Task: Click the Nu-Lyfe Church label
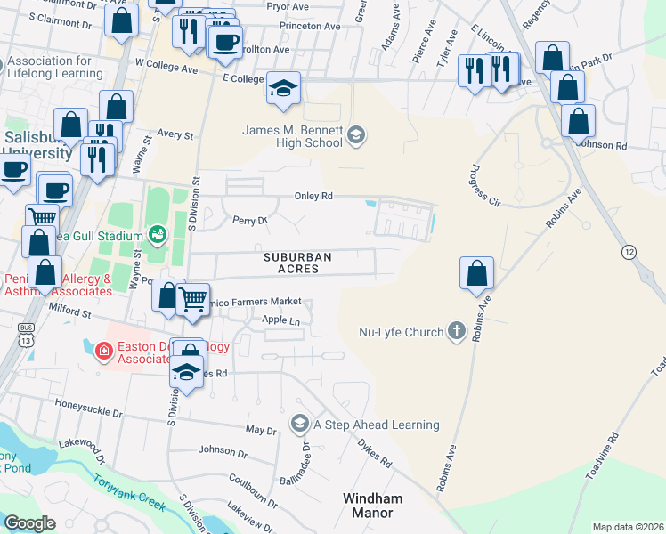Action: click(401, 332)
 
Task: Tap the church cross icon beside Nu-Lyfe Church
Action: click(456, 332)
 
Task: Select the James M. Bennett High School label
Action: click(292, 135)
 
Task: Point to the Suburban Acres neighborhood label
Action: click(297, 263)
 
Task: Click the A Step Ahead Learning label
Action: click(376, 425)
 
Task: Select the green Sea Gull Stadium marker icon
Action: click(158, 234)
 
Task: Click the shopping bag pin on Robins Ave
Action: click(477, 272)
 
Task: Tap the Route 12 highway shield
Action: click(629, 252)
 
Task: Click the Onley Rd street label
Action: click(313, 197)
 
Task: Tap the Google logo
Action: click(30, 522)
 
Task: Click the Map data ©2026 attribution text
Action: click(627, 527)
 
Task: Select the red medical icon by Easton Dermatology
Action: click(103, 351)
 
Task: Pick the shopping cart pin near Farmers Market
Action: click(193, 299)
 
